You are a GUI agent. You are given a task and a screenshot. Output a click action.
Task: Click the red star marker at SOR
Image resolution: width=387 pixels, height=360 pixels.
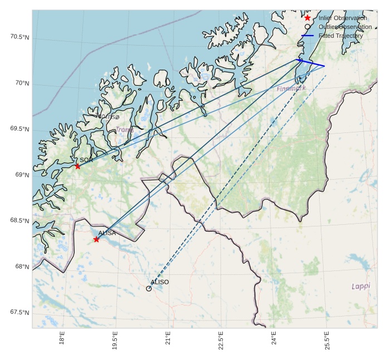pos(77,166)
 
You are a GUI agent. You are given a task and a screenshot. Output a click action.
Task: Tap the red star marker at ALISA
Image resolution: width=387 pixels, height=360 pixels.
pos(96,239)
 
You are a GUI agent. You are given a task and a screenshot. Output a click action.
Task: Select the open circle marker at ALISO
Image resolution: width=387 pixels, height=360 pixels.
pos(149,288)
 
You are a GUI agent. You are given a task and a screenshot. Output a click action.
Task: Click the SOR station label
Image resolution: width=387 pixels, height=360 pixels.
pos(86,160)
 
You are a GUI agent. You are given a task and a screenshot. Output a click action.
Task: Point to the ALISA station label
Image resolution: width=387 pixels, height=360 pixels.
pos(107,233)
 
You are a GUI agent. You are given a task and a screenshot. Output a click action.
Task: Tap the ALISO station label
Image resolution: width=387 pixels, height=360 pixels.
pos(160,282)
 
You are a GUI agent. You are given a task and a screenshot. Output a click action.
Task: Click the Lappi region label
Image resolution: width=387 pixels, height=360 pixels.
pos(361,286)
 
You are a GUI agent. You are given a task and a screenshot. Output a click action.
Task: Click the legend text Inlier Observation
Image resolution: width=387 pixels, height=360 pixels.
pos(342,18)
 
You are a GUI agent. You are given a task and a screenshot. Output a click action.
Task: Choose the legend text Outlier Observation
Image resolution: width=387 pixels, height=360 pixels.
pos(345,27)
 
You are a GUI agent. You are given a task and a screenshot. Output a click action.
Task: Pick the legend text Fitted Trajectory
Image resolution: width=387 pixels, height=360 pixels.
pos(341,36)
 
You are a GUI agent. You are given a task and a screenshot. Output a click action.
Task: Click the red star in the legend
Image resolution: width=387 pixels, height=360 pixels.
pos(307,18)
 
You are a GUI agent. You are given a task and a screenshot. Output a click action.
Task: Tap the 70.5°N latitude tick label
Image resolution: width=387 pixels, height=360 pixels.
pos(19,37)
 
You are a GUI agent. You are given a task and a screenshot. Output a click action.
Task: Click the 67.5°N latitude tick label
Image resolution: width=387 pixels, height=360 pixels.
pos(19,313)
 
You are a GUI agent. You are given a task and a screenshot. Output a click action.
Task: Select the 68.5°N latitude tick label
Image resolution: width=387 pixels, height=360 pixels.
pos(19,221)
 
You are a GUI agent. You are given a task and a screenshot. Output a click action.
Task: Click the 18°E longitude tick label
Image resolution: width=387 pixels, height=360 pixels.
pos(62,338)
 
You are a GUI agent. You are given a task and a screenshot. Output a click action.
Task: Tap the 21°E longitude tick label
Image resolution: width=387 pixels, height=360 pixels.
pos(168,338)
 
